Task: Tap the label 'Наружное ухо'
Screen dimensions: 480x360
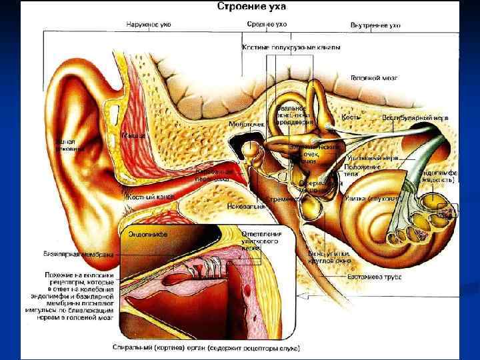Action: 149,25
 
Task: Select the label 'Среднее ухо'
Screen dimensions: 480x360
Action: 267,25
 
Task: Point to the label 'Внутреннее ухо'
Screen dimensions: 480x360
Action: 375,25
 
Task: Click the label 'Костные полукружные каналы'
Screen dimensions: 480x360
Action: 291,47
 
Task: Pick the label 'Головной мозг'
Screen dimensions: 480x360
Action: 374,78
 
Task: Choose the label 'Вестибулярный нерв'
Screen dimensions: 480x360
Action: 415,118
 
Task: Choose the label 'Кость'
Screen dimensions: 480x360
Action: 351,117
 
